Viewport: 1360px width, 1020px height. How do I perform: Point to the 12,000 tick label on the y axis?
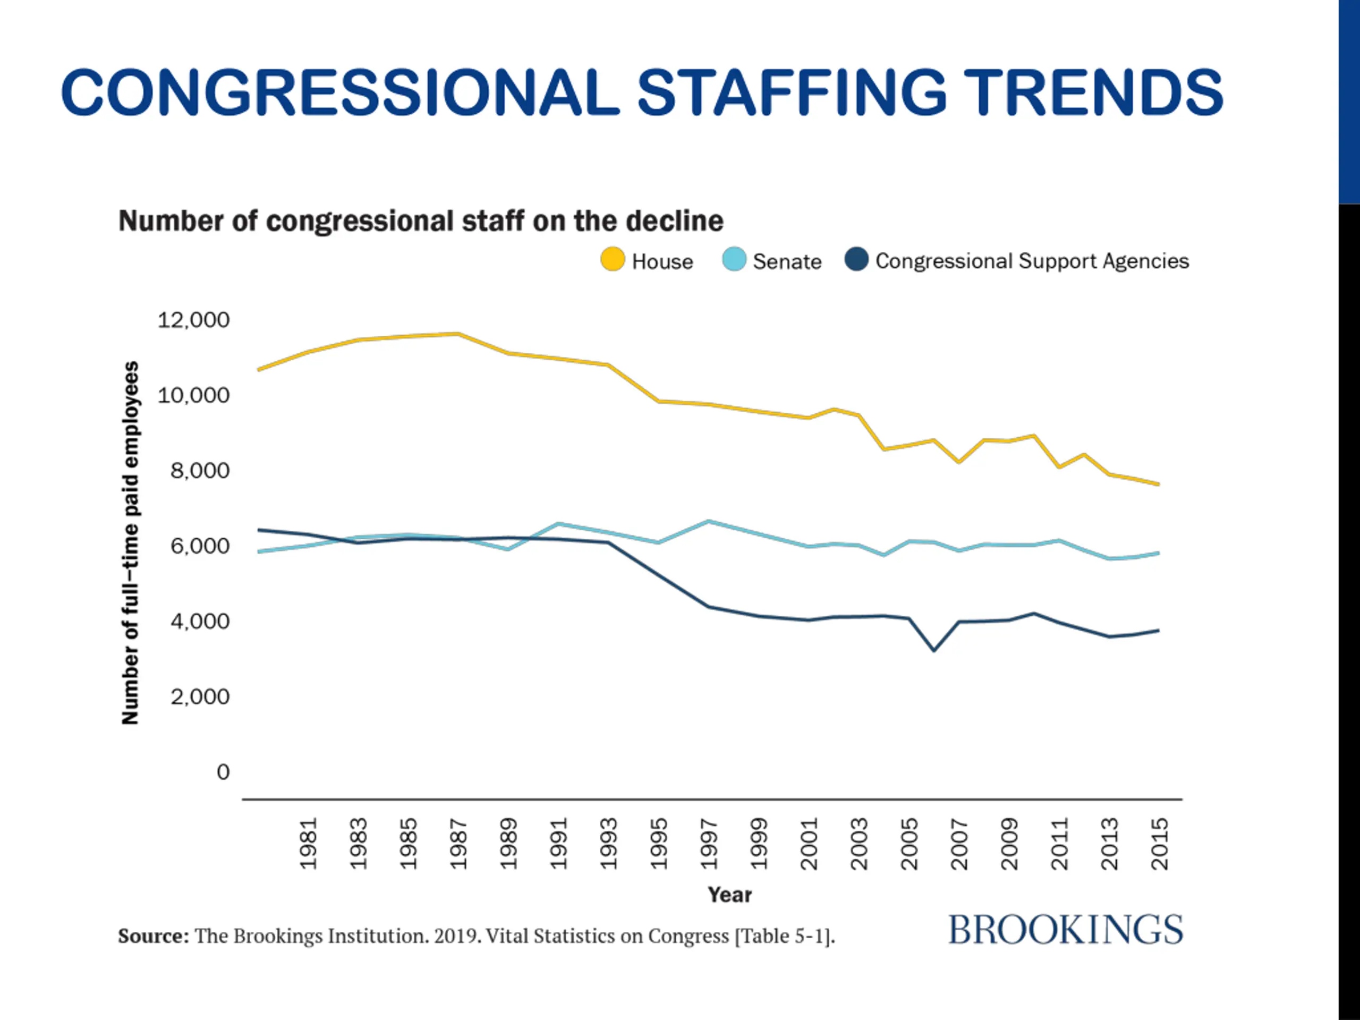click(x=193, y=320)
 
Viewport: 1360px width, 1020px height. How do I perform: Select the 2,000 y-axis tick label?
click(x=199, y=696)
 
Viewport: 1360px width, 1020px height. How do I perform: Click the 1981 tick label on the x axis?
click(x=308, y=844)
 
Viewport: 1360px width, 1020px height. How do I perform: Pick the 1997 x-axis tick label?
click(x=709, y=844)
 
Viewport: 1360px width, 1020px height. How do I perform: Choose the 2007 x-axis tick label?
click(x=959, y=844)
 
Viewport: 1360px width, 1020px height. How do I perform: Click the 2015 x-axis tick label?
click(x=1160, y=844)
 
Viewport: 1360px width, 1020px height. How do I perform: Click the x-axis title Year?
click(x=729, y=895)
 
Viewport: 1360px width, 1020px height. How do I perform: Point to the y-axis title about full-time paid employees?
click(x=130, y=543)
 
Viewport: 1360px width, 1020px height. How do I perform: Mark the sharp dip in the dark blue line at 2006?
click(x=934, y=650)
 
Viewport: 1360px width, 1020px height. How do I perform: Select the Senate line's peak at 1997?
click(x=709, y=521)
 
